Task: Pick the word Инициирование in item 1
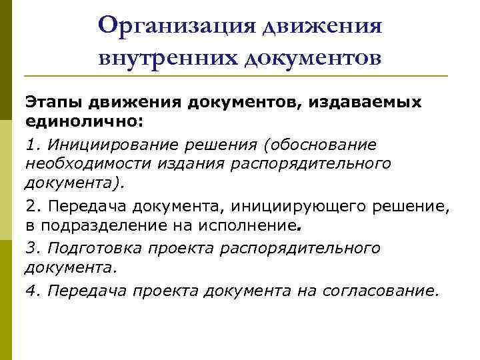click(x=115, y=145)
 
